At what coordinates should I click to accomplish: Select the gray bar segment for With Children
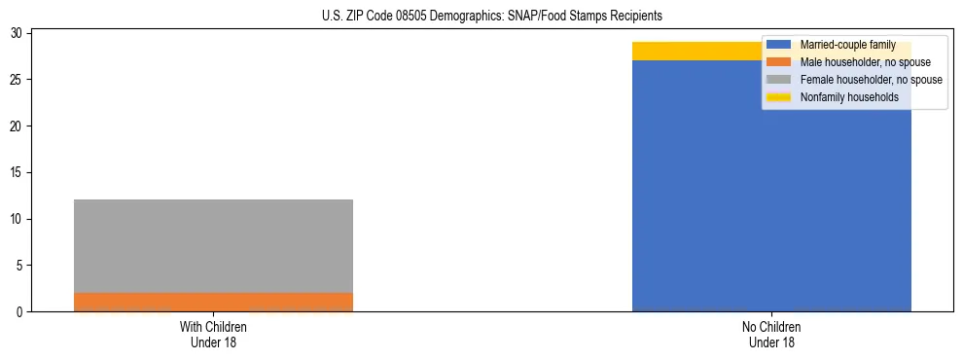pyautogui.click(x=213, y=246)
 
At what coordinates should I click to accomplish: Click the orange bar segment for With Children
pyautogui.click(x=213, y=302)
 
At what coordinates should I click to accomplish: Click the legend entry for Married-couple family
pyautogui.click(x=844, y=45)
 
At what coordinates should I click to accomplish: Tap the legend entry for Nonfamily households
pyautogui.click(x=842, y=97)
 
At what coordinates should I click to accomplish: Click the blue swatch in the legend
pyautogui.click(x=779, y=45)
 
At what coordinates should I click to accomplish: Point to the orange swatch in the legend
pyautogui.click(x=779, y=62)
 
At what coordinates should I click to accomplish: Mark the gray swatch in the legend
pyautogui.click(x=779, y=80)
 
